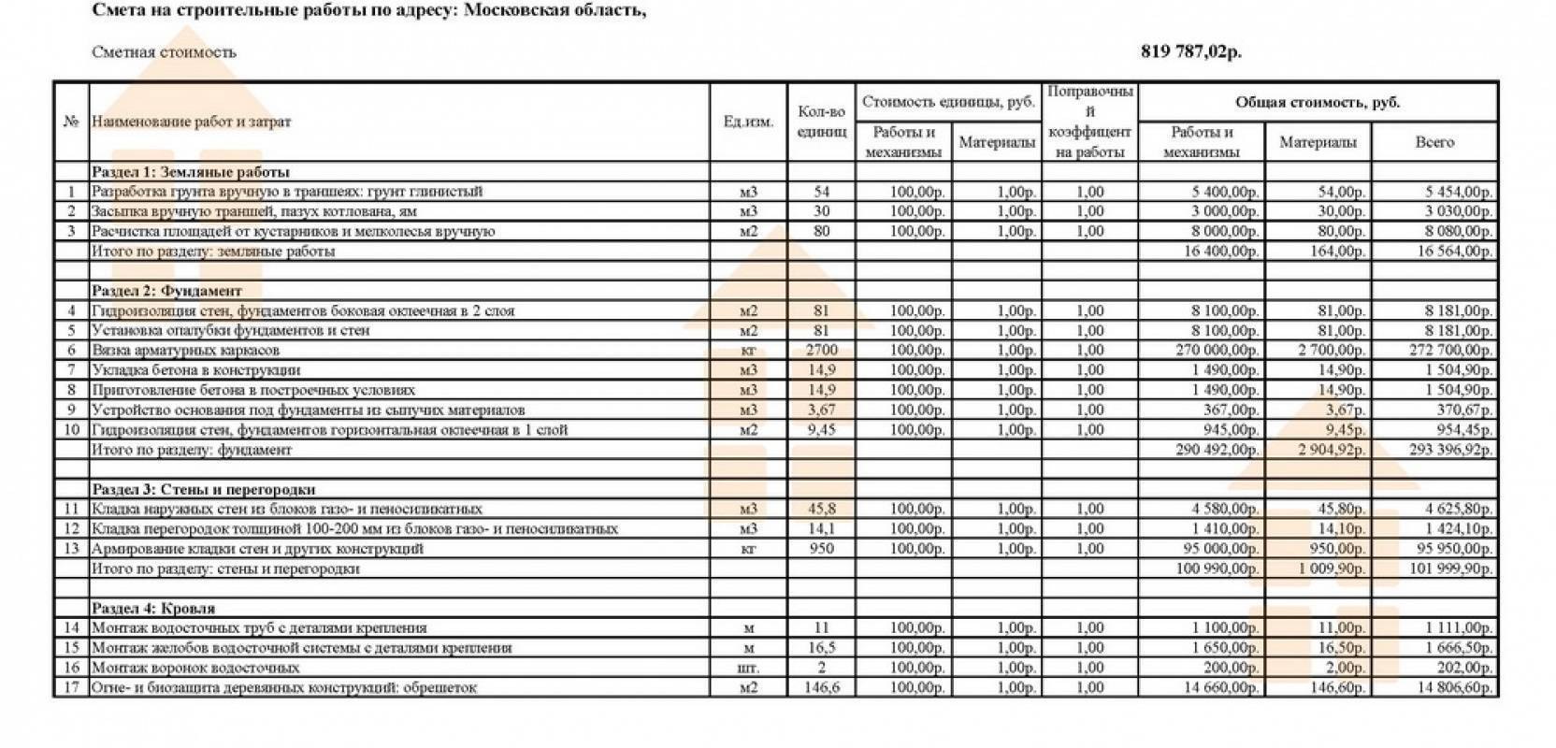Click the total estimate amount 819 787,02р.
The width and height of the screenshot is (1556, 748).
1190,52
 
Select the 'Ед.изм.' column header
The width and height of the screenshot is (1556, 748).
748,122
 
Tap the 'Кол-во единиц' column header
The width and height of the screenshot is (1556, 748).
821,122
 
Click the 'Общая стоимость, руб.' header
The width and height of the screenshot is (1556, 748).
1317,103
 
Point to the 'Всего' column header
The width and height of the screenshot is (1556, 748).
1434,142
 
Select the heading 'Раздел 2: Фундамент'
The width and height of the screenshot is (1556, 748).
166,291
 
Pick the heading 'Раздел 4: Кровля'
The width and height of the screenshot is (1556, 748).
153,608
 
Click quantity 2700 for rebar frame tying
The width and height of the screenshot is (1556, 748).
821,351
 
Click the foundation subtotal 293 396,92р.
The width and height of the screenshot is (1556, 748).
1449,450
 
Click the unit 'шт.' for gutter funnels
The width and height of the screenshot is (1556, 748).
748,669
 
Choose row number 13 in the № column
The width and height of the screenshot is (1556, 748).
71,549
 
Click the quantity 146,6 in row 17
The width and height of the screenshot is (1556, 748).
821,688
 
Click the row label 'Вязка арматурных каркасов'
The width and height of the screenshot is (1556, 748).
185,351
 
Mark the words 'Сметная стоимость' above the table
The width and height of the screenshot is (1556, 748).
164,52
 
